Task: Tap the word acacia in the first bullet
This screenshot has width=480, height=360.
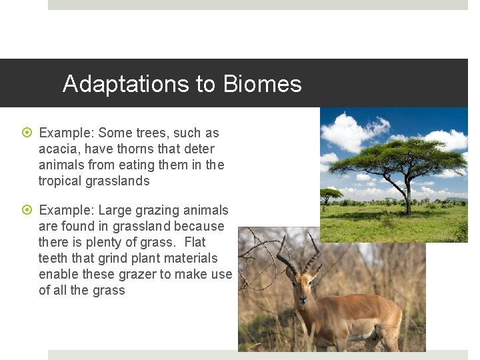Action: coord(59,149)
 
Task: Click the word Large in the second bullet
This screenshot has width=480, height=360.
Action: coord(115,210)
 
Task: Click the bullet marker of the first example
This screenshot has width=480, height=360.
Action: coord(27,133)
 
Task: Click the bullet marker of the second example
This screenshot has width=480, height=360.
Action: coord(27,211)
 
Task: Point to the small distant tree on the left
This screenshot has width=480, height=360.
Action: coord(331,195)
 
